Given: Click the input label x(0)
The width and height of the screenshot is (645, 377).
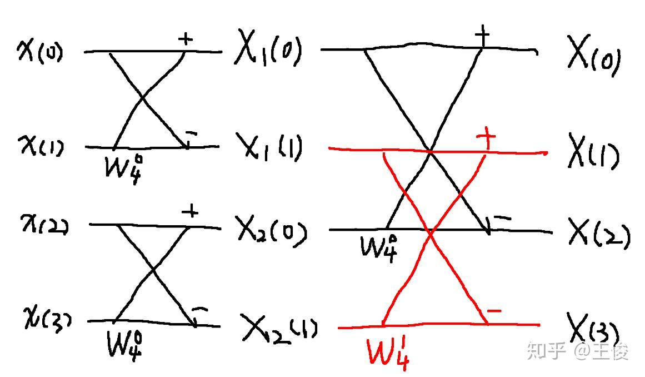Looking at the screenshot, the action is (x=40, y=52).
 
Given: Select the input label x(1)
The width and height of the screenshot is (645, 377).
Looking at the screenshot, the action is (x=40, y=147).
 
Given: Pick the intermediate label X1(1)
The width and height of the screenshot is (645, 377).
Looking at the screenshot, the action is (x=269, y=147).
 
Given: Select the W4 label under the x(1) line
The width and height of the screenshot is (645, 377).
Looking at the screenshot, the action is (x=126, y=166).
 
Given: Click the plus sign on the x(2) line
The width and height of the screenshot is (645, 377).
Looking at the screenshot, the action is (x=190, y=211).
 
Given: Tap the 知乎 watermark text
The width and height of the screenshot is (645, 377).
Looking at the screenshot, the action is (x=547, y=351).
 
